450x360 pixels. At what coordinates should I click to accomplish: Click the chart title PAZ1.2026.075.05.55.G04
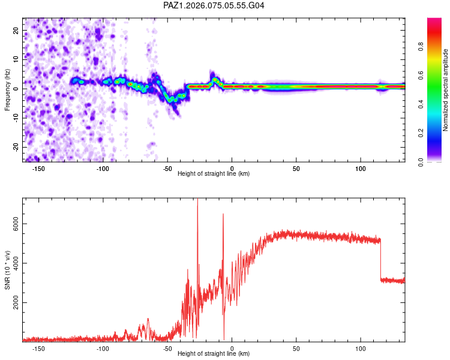pyautogui.click(x=214, y=5)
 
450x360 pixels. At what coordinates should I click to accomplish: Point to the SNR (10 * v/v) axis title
pyautogui.click(x=7, y=270)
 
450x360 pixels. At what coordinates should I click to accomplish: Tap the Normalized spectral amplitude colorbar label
pyautogui.click(x=445, y=90)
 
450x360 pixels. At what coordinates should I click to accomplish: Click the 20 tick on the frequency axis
pyautogui.click(x=17, y=30)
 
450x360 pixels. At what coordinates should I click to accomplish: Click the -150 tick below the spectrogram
pyautogui.click(x=38, y=168)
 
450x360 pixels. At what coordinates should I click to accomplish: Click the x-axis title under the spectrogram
pyautogui.click(x=214, y=173)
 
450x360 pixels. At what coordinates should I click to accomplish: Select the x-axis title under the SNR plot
pyautogui.click(x=214, y=354)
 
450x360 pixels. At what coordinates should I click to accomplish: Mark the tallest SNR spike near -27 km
pyautogui.click(x=197, y=202)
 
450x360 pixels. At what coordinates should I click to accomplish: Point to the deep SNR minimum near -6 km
pyautogui.click(x=224, y=338)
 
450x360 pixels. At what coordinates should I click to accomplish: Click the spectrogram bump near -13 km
pyautogui.click(x=215, y=79)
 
